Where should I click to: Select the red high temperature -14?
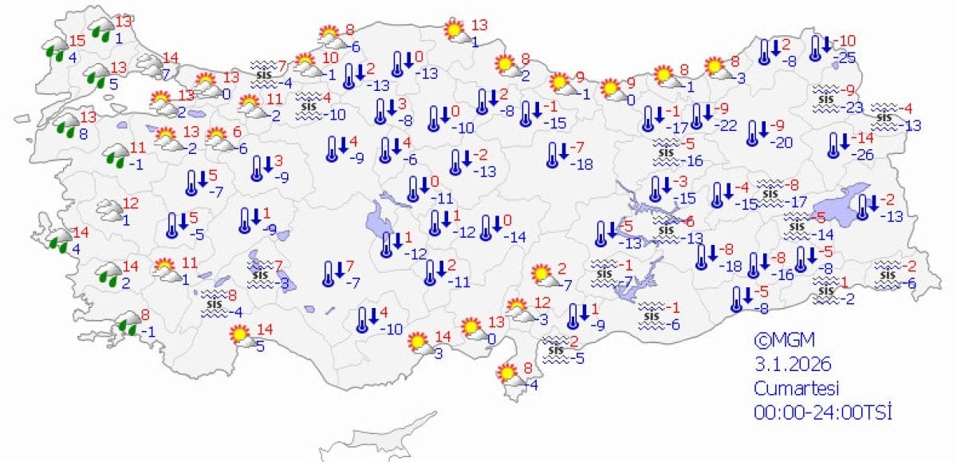tap(864, 137)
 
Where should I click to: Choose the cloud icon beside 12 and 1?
tap(109, 211)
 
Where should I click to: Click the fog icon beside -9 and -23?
tap(827, 97)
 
